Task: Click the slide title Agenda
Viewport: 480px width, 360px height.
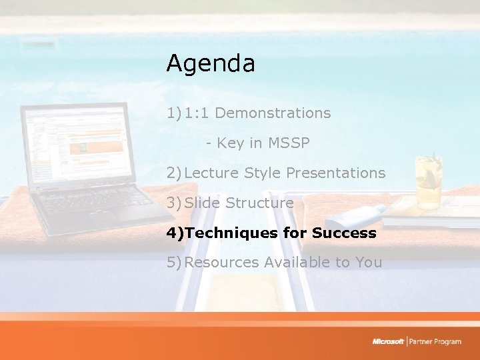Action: tap(210, 64)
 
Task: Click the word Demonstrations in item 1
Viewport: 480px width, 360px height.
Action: tap(273, 113)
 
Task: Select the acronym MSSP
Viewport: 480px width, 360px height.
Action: tap(289, 143)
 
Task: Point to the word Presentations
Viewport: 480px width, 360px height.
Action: tap(335, 173)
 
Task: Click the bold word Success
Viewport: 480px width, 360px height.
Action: tap(344, 233)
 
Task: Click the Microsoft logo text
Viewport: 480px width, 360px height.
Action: tap(388, 342)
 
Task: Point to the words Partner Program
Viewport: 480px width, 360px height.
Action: tap(435, 342)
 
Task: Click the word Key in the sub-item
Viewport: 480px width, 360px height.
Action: tap(230, 143)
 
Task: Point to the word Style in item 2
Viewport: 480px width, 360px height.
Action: tap(263, 173)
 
